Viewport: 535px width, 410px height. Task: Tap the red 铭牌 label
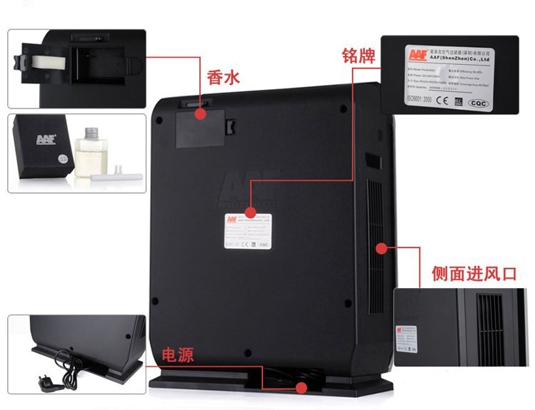point(360,56)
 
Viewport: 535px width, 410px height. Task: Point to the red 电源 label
point(179,354)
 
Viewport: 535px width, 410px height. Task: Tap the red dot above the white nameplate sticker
point(250,212)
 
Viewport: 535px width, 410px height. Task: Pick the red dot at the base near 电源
point(301,388)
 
